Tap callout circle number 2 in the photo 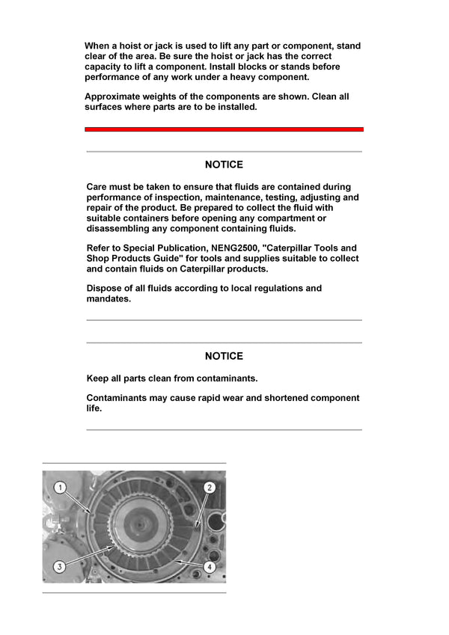click(x=210, y=487)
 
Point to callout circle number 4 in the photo click(x=210, y=567)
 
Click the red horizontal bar click(x=224, y=129)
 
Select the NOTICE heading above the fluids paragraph click(x=224, y=165)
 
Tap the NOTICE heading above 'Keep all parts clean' click(x=224, y=356)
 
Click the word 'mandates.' click(x=109, y=298)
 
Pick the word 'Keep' click(x=98, y=378)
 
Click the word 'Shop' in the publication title click(x=100, y=258)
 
